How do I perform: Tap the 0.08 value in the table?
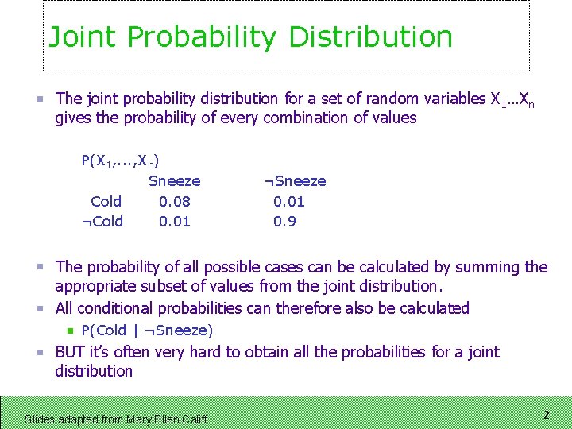[174, 202]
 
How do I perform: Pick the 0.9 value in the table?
[284, 222]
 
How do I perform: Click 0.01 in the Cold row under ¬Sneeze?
[288, 202]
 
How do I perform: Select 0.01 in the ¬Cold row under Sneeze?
[174, 222]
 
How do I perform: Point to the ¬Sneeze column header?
[294, 181]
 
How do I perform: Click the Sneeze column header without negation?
[174, 181]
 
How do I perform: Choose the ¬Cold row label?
[102, 222]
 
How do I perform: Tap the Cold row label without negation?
[106, 202]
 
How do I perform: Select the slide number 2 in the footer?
[546, 415]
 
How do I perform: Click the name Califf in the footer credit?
[191, 419]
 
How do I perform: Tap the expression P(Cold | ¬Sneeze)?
[147, 330]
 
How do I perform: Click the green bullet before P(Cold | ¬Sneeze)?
[70, 330]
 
